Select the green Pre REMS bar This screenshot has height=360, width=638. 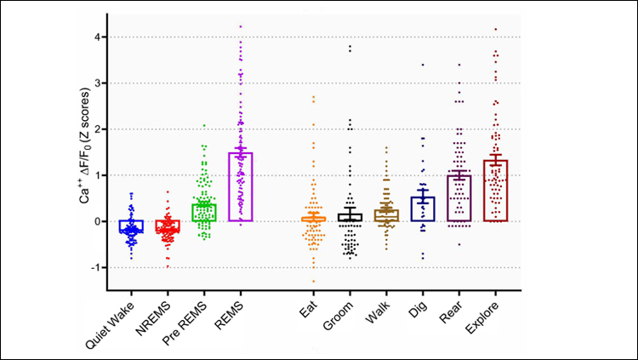[204, 213]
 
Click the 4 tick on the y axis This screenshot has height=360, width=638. [99, 37]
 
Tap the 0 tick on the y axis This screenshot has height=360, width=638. [99, 221]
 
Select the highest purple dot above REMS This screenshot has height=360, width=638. [240, 26]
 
